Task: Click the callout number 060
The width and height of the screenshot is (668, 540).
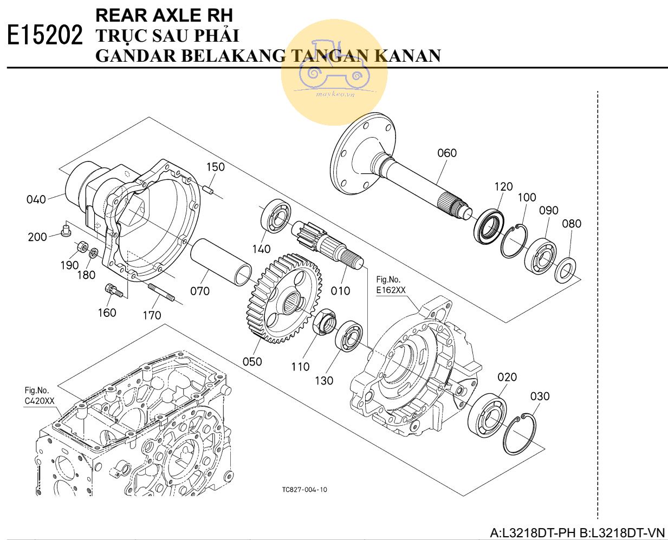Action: click(x=447, y=153)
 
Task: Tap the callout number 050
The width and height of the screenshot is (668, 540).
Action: click(x=252, y=361)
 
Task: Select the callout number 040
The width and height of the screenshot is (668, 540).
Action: click(x=36, y=199)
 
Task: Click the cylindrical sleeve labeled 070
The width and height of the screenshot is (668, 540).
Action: click(x=222, y=262)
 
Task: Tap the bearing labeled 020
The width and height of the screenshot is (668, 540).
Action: click(x=487, y=415)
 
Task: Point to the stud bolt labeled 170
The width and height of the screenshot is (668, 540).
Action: click(x=161, y=292)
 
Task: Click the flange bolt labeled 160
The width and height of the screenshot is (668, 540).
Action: click(x=115, y=291)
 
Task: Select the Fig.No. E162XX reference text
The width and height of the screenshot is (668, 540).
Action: click(x=391, y=285)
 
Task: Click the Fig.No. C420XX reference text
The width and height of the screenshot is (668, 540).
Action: click(x=40, y=396)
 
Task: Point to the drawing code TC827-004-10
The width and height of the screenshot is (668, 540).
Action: click(x=304, y=490)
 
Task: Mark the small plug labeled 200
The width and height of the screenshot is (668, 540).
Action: click(x=66, y=232)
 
